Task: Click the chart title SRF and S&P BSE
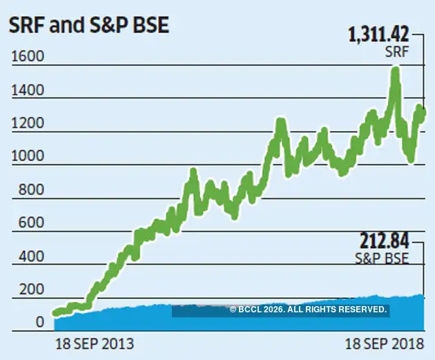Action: point(88,27)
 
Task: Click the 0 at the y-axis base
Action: point(39,322)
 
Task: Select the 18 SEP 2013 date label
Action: point(93,343)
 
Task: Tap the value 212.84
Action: point(384,241)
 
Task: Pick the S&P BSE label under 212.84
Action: point(384,260)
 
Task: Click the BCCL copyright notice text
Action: point(308,310)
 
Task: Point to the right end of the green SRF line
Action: point(423,112)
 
